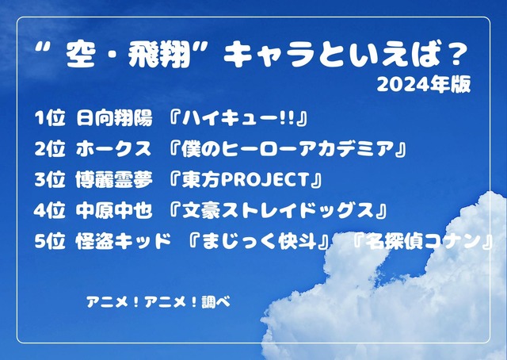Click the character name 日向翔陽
pos(109,119)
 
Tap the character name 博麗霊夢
pos(109,180)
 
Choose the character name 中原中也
pos(109,211)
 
